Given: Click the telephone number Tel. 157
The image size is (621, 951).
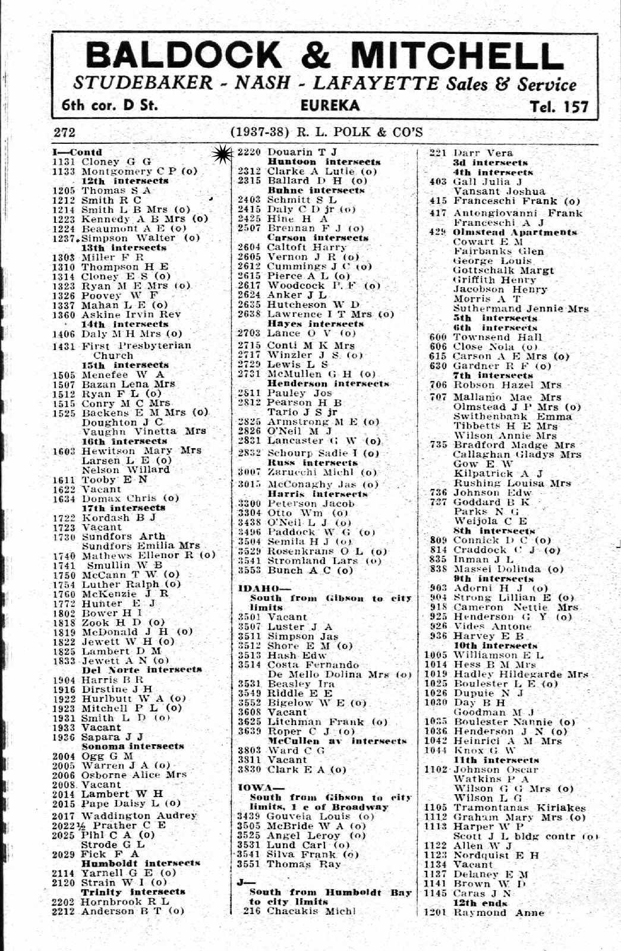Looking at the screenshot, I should pos(560,106).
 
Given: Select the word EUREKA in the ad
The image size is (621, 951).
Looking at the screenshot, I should pos(330,106).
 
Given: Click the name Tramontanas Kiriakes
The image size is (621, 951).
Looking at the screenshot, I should pos(519,808).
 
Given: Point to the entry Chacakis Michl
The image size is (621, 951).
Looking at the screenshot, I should pos(311,911).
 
